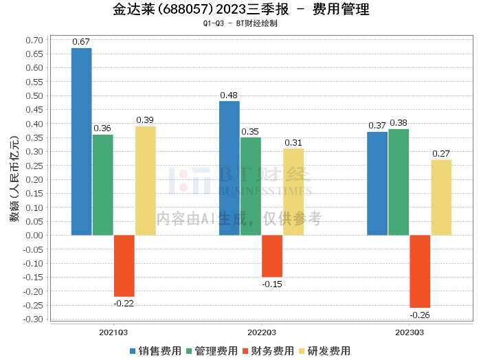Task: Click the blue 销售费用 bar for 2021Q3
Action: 82,142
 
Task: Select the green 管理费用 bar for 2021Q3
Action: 103,185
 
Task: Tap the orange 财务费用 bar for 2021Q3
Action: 124,266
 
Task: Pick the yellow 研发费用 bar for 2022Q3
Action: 293,192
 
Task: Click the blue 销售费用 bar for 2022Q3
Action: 230,168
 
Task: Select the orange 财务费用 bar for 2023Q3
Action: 420,271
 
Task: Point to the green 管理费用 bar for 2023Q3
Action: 399,182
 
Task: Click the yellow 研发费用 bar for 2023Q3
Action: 441,197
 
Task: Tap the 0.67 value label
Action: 82,42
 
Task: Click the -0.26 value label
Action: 420,315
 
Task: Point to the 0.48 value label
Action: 230,95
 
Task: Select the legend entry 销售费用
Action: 155,350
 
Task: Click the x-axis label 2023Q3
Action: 410,332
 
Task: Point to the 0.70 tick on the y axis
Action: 34,40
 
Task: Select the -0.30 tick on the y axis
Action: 32,319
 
